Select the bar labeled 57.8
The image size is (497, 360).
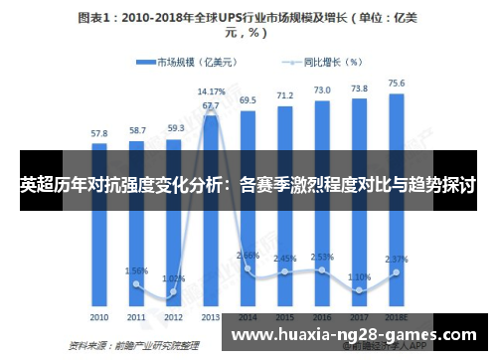99,229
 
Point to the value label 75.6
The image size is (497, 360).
396,84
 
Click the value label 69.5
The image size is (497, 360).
248,99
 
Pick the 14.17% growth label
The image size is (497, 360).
211,91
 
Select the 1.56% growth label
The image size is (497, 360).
136,270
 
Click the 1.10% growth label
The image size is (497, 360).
359,276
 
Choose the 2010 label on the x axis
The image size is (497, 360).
99,317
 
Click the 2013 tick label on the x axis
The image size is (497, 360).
211,317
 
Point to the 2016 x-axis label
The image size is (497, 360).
322,317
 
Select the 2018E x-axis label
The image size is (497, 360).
397,317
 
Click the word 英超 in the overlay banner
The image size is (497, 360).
36,185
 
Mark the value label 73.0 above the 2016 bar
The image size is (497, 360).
322,90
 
